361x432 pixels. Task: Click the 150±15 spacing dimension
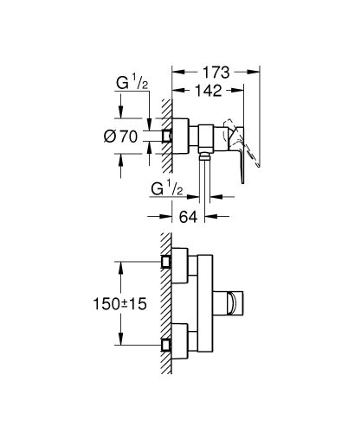pyautogui.click(x=119, y=303)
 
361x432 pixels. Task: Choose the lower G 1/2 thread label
pyautogui.click(x=170, y=187)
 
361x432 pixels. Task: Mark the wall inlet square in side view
pyautogui.click(x=165, y=136)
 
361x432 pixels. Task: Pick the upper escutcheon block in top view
pyautogui.click(x=179, y=266)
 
